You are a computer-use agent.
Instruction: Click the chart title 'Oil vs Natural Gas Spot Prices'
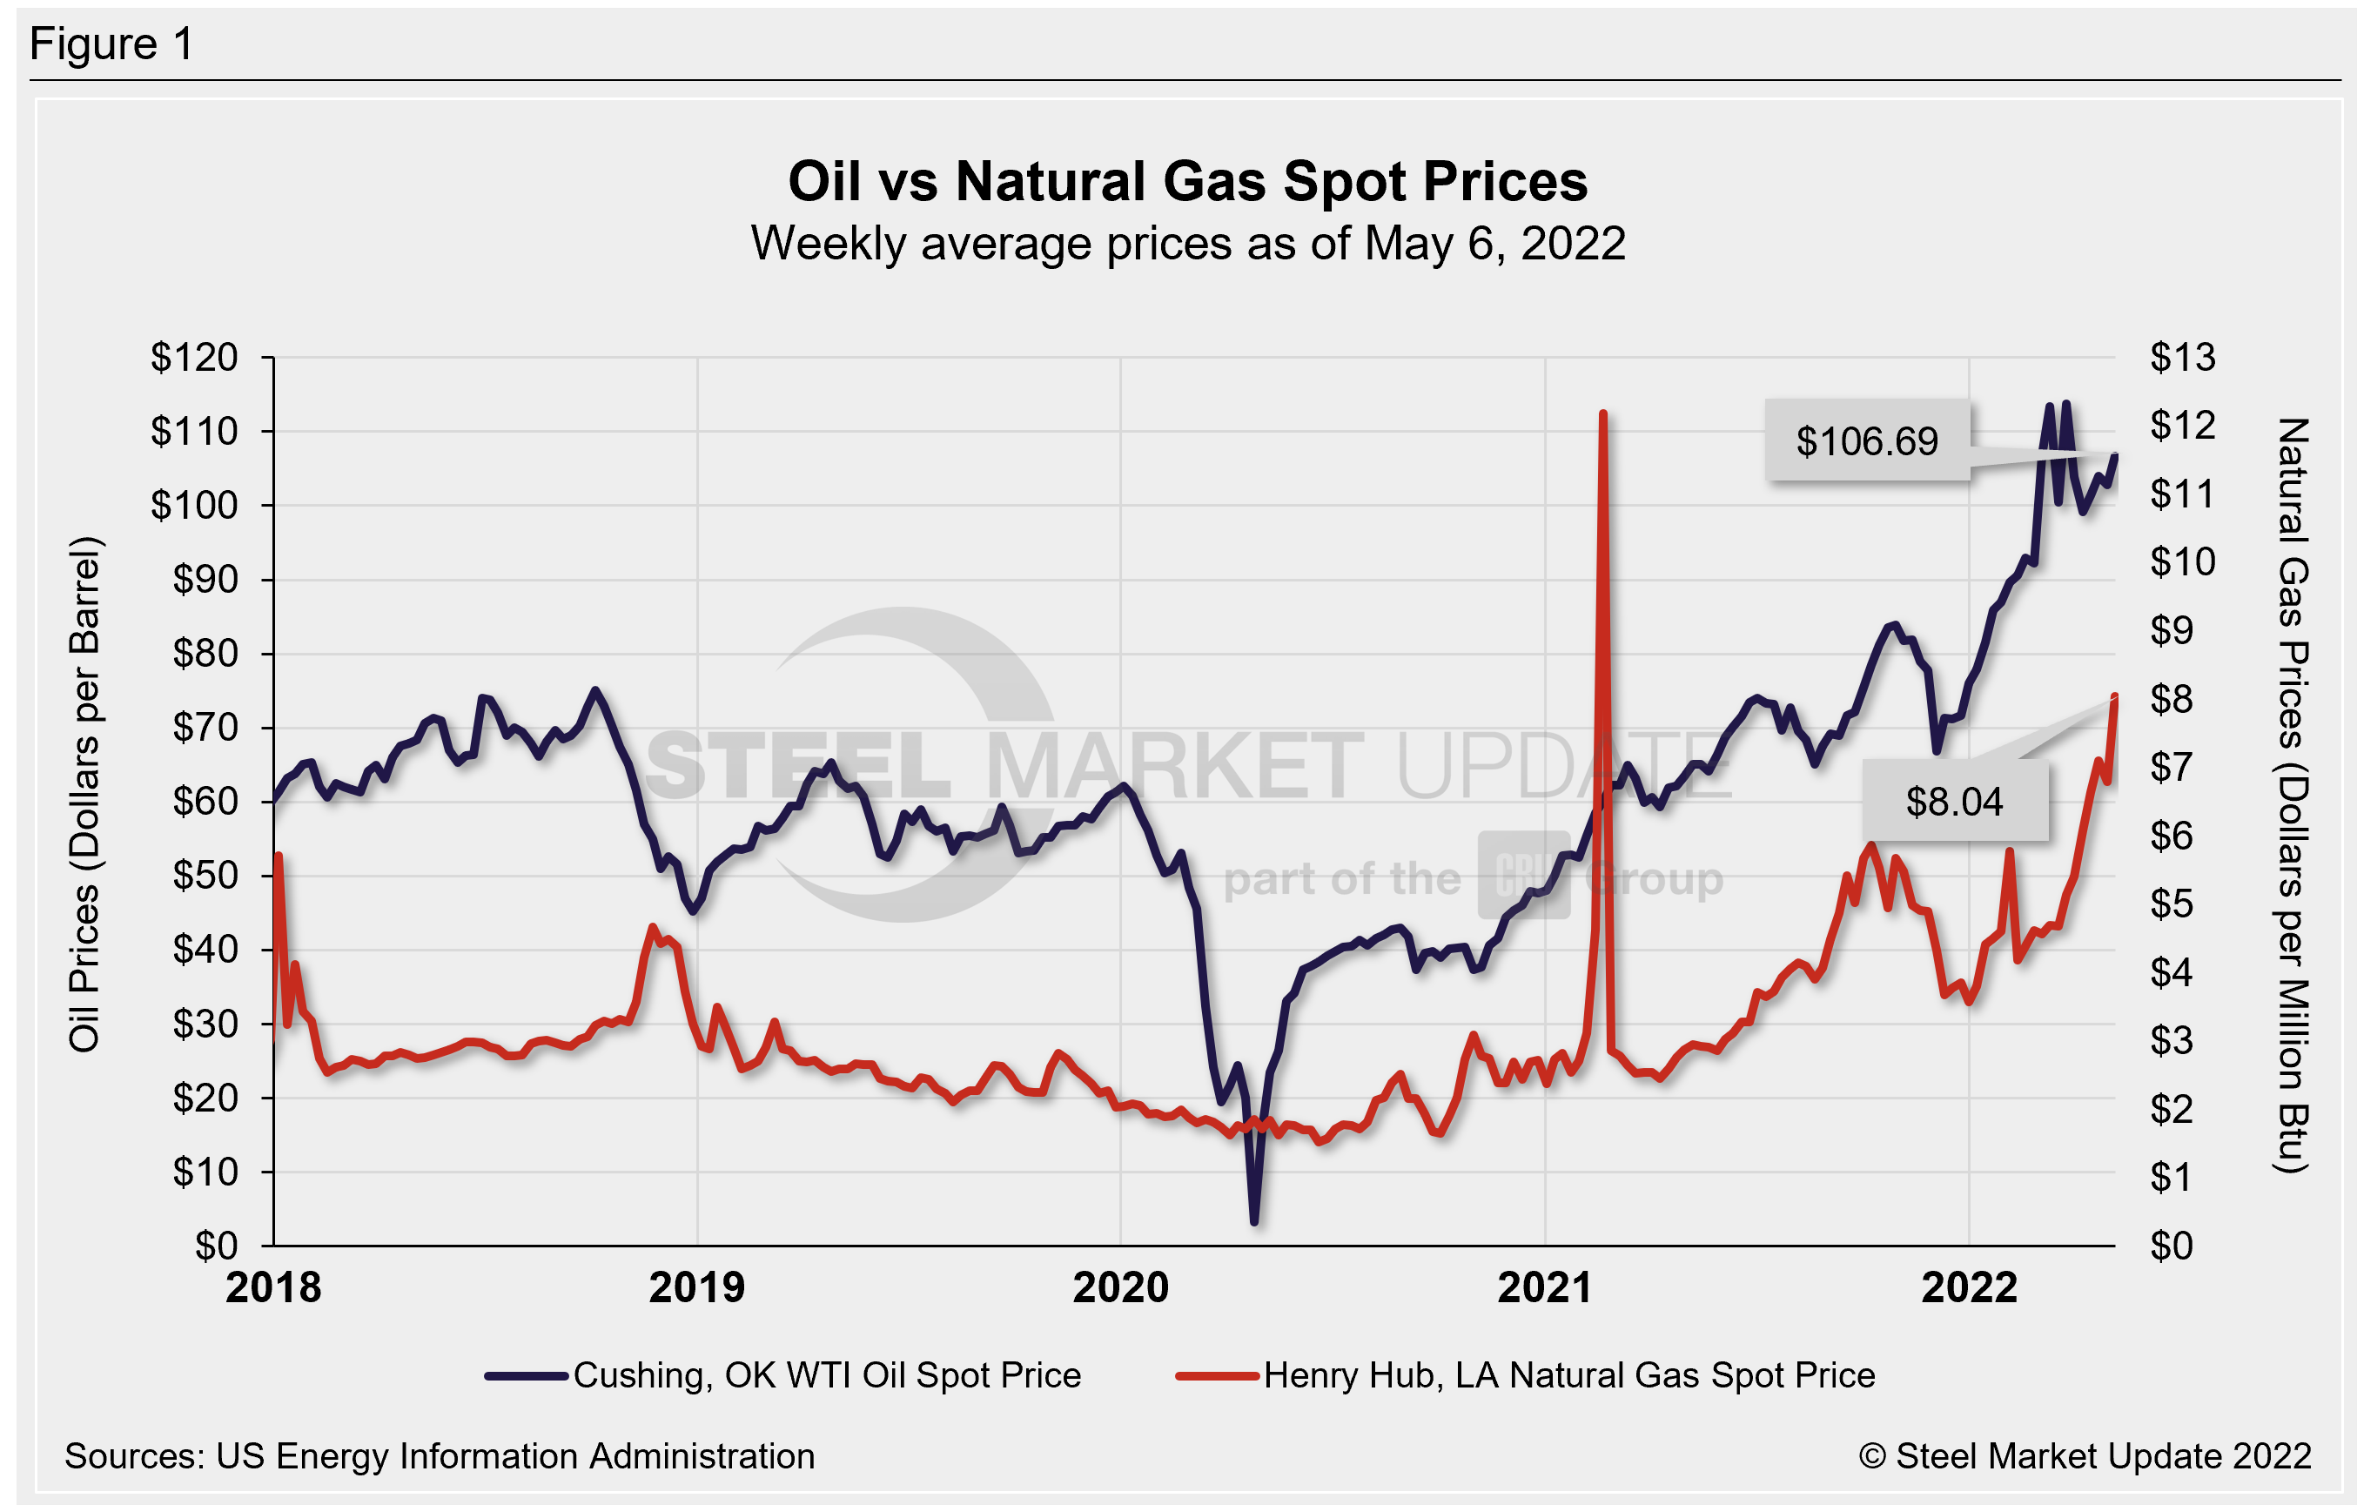tap(1187, 182)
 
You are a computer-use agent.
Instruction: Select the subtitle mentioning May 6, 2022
tap(1187, 244)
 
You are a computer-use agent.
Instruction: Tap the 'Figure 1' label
tap(111, 44)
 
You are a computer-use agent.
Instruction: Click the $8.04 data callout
tap(1954, 802)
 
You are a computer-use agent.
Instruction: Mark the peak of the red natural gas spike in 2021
tap(1602, 414)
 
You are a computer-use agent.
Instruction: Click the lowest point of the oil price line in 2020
tap(1254, 1221)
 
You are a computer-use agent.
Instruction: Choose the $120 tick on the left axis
tap(194, 358)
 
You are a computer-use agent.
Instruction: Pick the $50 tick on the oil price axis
tap(205, 876)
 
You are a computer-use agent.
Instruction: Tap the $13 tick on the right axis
tap(2182, 358)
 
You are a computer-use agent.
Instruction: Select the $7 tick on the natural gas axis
tap(2171, 768)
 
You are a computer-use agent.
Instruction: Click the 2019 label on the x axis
tap(697, 1287)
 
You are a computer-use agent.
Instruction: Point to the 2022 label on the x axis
tap(1969, 1287)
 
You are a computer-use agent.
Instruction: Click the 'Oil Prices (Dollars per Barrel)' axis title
tap(85, 794)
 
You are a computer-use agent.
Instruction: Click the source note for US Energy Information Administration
tap(440, 1456)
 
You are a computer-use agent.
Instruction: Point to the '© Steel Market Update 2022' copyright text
tap(2084, 1456)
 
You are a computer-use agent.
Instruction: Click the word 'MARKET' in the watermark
tap(1175, 766)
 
